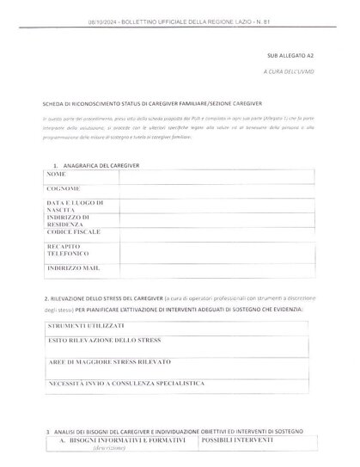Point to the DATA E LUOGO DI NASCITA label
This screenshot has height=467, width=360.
click(x=75, y=205)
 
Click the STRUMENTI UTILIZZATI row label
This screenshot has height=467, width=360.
click(x=86, y=327)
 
